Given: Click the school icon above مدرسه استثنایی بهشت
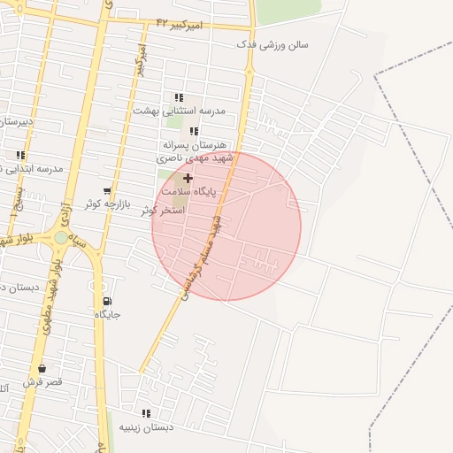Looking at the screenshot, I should pos(179,97).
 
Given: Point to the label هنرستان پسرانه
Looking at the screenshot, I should pos(195,143).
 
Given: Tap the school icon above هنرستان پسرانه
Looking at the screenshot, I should pos(194,131).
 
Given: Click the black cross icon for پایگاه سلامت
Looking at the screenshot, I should pos(188,178).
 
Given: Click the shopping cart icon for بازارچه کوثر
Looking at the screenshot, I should pos(107,190).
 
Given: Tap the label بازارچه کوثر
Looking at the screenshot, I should pos(108,203).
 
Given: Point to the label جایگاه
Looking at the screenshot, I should pos(107,314).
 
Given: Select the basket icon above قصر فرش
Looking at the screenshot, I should pos(42,368).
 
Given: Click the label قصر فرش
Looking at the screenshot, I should pos(42,381).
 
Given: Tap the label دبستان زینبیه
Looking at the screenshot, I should pos(146,426).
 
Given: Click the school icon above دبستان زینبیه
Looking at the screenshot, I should pos(146,413).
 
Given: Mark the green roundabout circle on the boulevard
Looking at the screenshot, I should pos(60,237).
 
